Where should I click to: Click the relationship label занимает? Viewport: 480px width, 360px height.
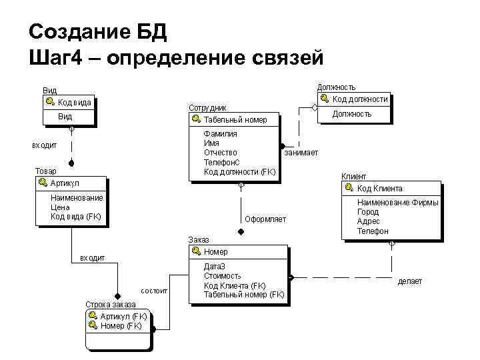tap(301, 153)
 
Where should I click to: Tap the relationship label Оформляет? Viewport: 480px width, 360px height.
tap(265, 219)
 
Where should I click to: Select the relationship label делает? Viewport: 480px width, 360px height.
tap(409, 281)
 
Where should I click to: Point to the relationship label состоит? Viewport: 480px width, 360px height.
tap(154, 291)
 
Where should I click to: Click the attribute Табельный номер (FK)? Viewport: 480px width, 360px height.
tap(244, 294)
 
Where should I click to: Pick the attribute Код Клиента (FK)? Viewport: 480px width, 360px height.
tap(235, 285)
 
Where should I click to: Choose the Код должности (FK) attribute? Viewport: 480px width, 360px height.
tap(239, 171)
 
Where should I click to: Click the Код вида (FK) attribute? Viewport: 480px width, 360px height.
tap(76, 216)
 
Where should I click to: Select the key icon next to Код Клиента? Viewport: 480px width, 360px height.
tap(350, 188)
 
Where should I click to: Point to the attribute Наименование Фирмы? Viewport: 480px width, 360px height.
tap(397, 203)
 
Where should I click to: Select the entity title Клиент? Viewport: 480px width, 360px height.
tap(353, 177)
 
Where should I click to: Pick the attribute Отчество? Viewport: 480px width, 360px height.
tap(220, 153)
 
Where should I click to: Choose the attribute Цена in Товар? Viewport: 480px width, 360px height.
tap(60, 207)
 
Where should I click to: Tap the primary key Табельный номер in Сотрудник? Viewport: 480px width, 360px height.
tap(235, 119)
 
